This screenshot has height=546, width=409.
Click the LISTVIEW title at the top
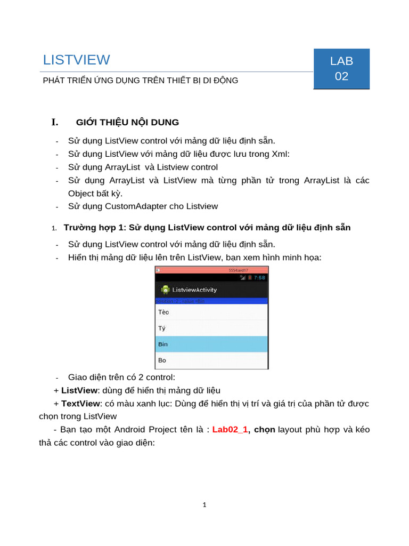tap(76, 60)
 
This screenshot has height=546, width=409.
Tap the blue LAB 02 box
tap(341, 69)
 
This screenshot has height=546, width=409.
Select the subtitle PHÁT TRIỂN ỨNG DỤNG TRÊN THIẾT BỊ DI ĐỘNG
tap(140, 81)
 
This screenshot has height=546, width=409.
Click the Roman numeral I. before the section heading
tap(54, 122)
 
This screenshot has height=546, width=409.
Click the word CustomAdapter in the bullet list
tap(136, 206)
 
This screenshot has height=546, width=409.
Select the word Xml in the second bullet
tap(281, 154)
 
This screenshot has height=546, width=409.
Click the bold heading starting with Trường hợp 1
tap(207, 228)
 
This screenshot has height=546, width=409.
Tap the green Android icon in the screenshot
tap(166, 290)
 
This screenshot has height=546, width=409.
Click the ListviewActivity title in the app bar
tap(194, 290)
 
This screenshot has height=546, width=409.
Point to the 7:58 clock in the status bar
tap(259, 278)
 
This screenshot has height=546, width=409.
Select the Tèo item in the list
tap(163, 312)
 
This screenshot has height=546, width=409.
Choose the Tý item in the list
tap(162, 328)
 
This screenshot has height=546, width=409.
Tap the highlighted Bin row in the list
tap(211, 344)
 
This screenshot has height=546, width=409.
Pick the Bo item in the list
tap(162, 360)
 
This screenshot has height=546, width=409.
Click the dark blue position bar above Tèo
tap(211, 301)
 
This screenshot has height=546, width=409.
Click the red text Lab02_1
tap(230, 429)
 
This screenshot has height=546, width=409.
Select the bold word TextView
tap(80, 403)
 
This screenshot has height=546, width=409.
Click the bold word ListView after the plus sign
tap(79, 390)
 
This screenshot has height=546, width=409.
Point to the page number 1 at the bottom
tap(204, 505)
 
